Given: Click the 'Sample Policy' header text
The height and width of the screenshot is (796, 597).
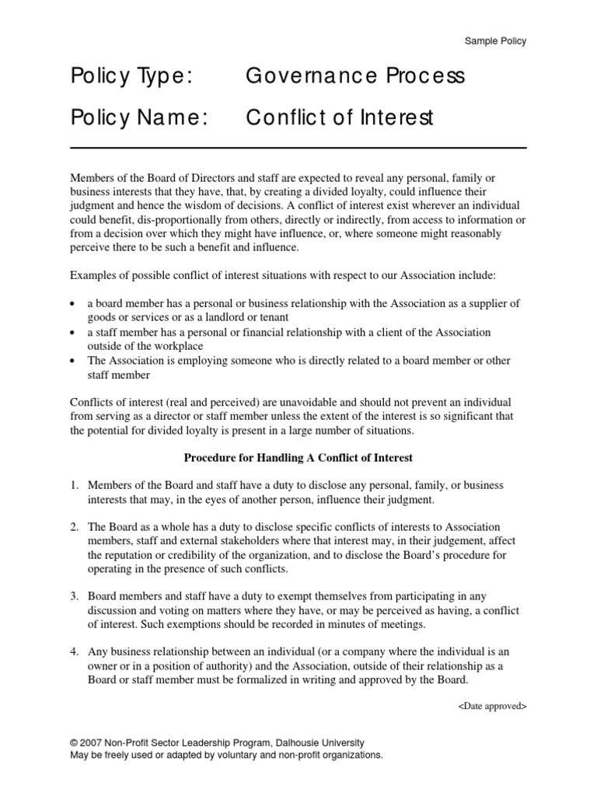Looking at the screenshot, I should tap(495, 41).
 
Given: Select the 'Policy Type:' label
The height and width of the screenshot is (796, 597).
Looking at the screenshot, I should tap(130, 77).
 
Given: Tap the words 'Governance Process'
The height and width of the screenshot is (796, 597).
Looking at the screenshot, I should tap(355, 77).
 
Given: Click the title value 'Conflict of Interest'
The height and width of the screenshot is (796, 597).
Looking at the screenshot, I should tap(338, 118).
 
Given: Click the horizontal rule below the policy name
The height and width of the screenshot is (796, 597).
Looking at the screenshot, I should tap(298, 148).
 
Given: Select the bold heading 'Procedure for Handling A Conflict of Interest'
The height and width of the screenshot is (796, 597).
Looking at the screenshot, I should tap(298, 458).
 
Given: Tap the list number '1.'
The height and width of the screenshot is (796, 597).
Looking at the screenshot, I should tap(75, 485).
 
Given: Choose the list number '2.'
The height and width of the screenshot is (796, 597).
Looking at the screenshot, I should tap(75, 527).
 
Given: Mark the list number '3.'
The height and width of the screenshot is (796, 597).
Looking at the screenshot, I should tap(75, 597).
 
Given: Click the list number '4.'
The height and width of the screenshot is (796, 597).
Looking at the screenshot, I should tap(75, 652).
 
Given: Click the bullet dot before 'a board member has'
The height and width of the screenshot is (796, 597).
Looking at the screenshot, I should tap(73, 304).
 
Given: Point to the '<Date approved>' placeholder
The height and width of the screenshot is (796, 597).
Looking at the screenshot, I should tap(493, 707).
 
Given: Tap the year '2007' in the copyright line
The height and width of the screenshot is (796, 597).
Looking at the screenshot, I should tap(92, 743).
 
